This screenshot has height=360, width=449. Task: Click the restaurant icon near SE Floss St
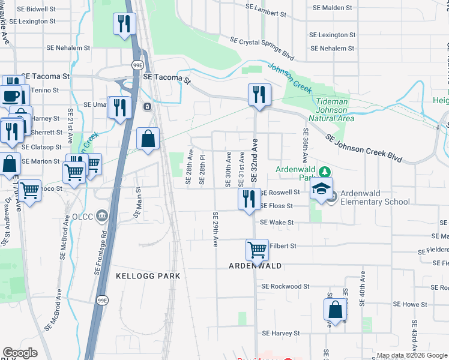click(x=249, y=199)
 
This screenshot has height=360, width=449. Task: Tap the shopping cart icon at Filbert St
click(x=258, y=249)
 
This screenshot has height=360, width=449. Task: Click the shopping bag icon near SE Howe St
click(x=335, y=310)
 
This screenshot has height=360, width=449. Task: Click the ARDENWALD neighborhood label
click(x=255, y=265)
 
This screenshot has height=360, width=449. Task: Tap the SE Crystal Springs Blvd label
click(x=262, y=47)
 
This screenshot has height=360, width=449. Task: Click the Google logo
click(x=20, y=353)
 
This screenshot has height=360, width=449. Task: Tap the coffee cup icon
click(x=11, y=96)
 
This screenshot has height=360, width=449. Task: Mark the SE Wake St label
click(x=277, y=222)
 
